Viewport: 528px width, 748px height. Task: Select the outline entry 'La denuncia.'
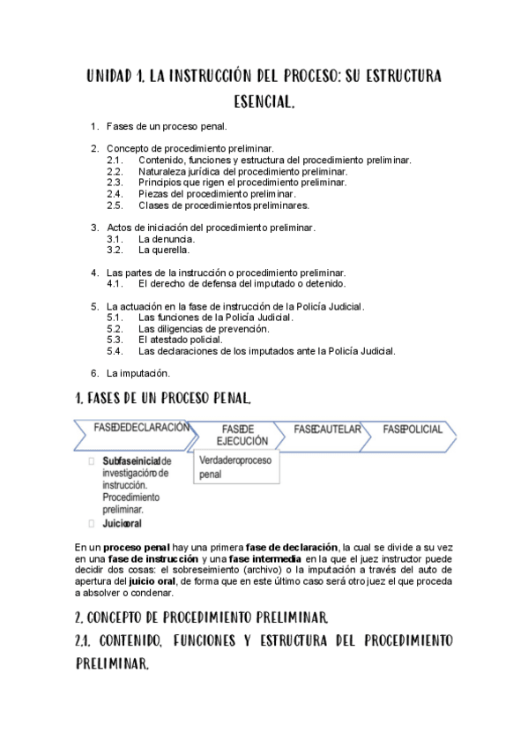pyautogui.click(x=167, y=238)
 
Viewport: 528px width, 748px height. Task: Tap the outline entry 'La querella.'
pyautogui.click(x=164, y=250)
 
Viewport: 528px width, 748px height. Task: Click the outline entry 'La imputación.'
pyautogui.click(x=138, y=372)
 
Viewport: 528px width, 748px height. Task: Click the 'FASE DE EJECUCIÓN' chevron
pyautogui.click(x=237, y=434)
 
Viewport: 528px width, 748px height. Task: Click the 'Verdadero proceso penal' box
pyautogui.click(x=236, y=467)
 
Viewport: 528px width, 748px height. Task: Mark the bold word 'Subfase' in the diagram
pyautogui.click(x=122, y=461)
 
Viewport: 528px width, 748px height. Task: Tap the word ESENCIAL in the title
pyautogui.click(x=264, y=103)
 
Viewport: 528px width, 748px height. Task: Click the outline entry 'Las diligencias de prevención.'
pyautogui.click(x=204, y=328)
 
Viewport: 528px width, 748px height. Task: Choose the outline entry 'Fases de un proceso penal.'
pyautogui.click(x=167, y=127)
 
